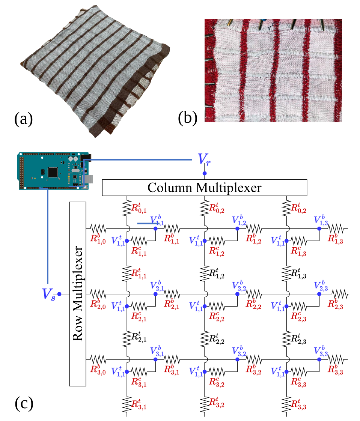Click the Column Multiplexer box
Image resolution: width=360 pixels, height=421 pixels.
coord(205,187)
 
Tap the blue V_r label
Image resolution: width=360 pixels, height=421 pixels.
coord(205,161)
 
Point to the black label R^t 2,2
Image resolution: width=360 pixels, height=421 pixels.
coord(217,340)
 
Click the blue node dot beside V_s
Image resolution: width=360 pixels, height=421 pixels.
coord(59,294)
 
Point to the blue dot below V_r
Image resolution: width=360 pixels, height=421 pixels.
coord(205,173)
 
